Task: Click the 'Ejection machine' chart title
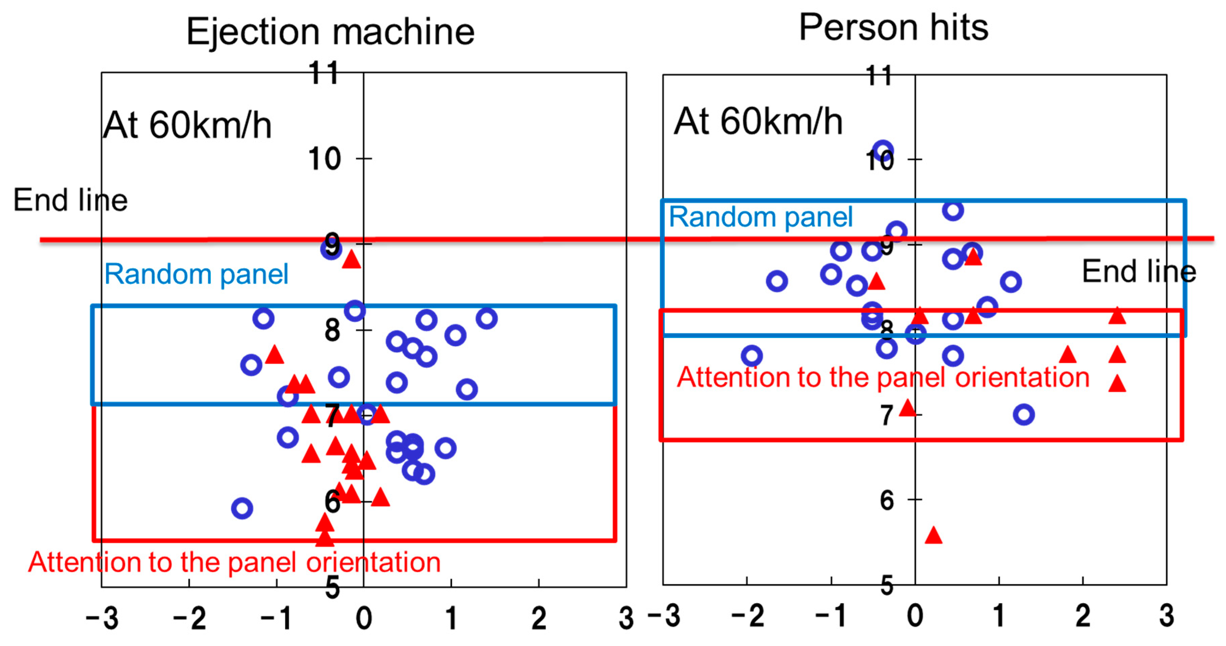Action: tap(330, 31)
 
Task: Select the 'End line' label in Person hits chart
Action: tap(1139, 272)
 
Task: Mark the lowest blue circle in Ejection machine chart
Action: tap(242, 508)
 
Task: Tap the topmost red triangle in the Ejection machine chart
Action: tap(351, 260)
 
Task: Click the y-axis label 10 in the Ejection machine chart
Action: tap(324, 159)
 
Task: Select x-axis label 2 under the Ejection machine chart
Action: tap(538, 618)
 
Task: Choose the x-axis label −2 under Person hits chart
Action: tap(747, 616)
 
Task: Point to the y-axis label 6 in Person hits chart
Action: tap(886, 500)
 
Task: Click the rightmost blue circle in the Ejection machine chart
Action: tap(486, 318)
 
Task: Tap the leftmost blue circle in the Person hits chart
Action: tap(751, 356)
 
